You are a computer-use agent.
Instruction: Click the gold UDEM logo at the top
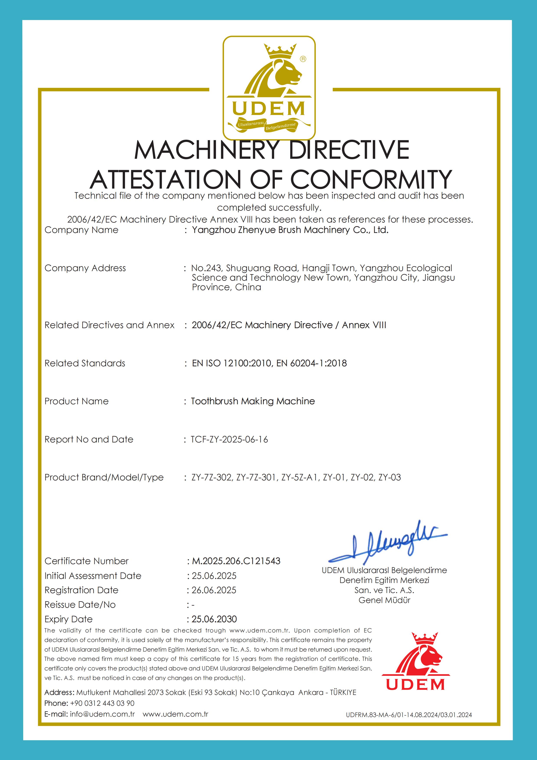[269, 88]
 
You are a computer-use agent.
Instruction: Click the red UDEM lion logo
[416, 662]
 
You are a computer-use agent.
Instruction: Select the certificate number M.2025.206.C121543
[236, 561]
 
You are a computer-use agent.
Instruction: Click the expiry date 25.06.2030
[214, 619]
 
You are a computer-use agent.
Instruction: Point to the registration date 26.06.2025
[214, 590]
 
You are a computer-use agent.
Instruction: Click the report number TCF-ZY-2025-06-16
[229, 440]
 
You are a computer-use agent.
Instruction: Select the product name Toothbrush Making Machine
[253, 401]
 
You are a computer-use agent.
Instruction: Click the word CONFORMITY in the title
[371, 179]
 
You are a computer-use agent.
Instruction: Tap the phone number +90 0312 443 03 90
[102, 703]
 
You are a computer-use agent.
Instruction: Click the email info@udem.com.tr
[102, 714]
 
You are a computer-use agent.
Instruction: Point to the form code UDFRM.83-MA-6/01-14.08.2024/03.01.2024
[409, 715]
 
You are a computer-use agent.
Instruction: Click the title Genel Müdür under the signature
[384, 600]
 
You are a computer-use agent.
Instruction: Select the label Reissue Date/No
[80, 605]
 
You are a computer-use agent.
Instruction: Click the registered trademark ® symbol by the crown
[303, 59]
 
